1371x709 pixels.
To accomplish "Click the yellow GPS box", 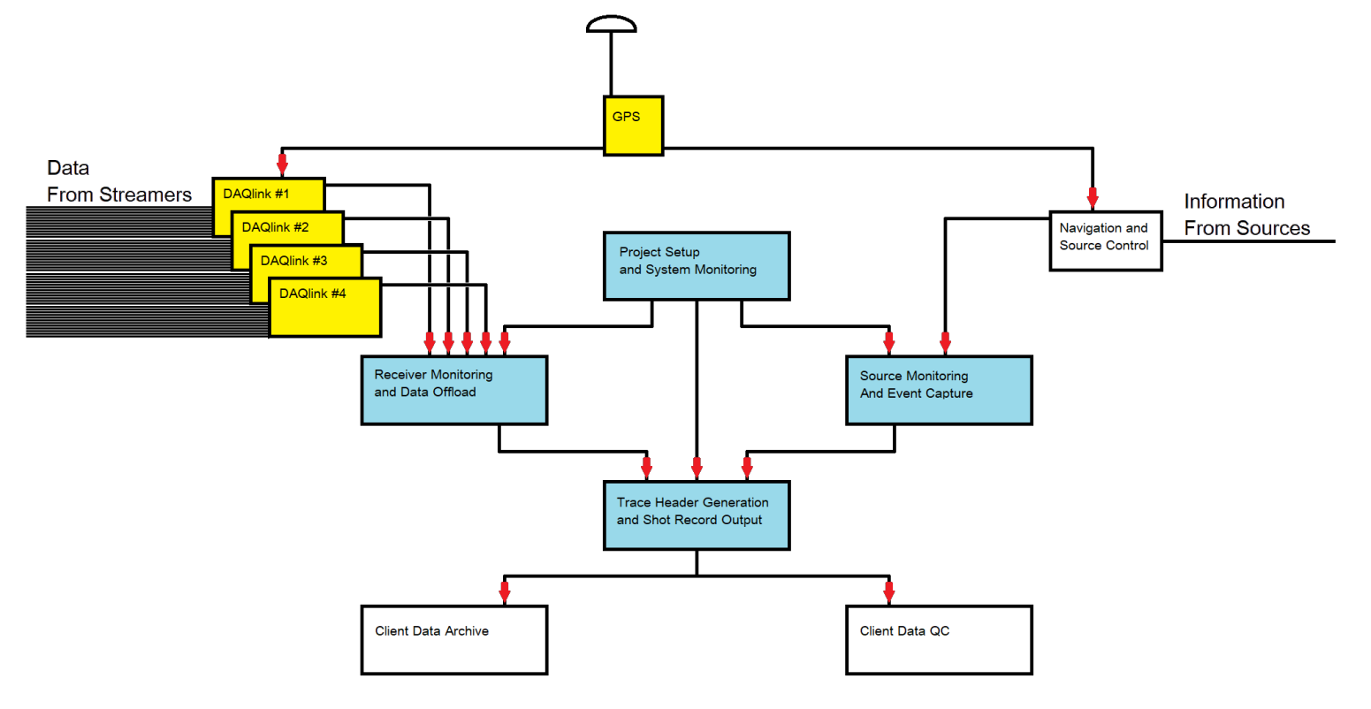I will click(x=633, y=126).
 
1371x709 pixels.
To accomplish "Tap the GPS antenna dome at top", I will click(x=611, y=24).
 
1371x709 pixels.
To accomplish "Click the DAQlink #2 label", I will click(x=275, y=227).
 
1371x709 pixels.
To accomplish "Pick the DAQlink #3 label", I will click(x=293, y=261).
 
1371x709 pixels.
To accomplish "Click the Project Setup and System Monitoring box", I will click(x=696, y=266).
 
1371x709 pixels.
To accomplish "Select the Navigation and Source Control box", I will click(x=1105, y=240).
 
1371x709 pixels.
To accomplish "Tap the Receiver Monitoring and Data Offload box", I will click(x=453, y=390).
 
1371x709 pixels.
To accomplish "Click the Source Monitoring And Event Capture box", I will click(x=939, y=390).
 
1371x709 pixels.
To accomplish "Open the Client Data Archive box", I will click(x=453, y=640).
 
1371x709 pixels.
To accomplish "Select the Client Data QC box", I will click(x=939, y=640).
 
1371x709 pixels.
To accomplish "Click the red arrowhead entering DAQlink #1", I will click(x=282, y=164).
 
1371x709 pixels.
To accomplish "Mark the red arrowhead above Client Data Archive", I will click(x=505, y=591).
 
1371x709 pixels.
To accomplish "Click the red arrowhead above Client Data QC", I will click(x=888, y=591).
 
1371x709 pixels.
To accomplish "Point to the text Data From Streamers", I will click(x=118, y=181).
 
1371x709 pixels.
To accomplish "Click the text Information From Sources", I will click(x=1246, y=215).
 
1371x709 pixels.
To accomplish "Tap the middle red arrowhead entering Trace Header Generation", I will click(x=697, y=468).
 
